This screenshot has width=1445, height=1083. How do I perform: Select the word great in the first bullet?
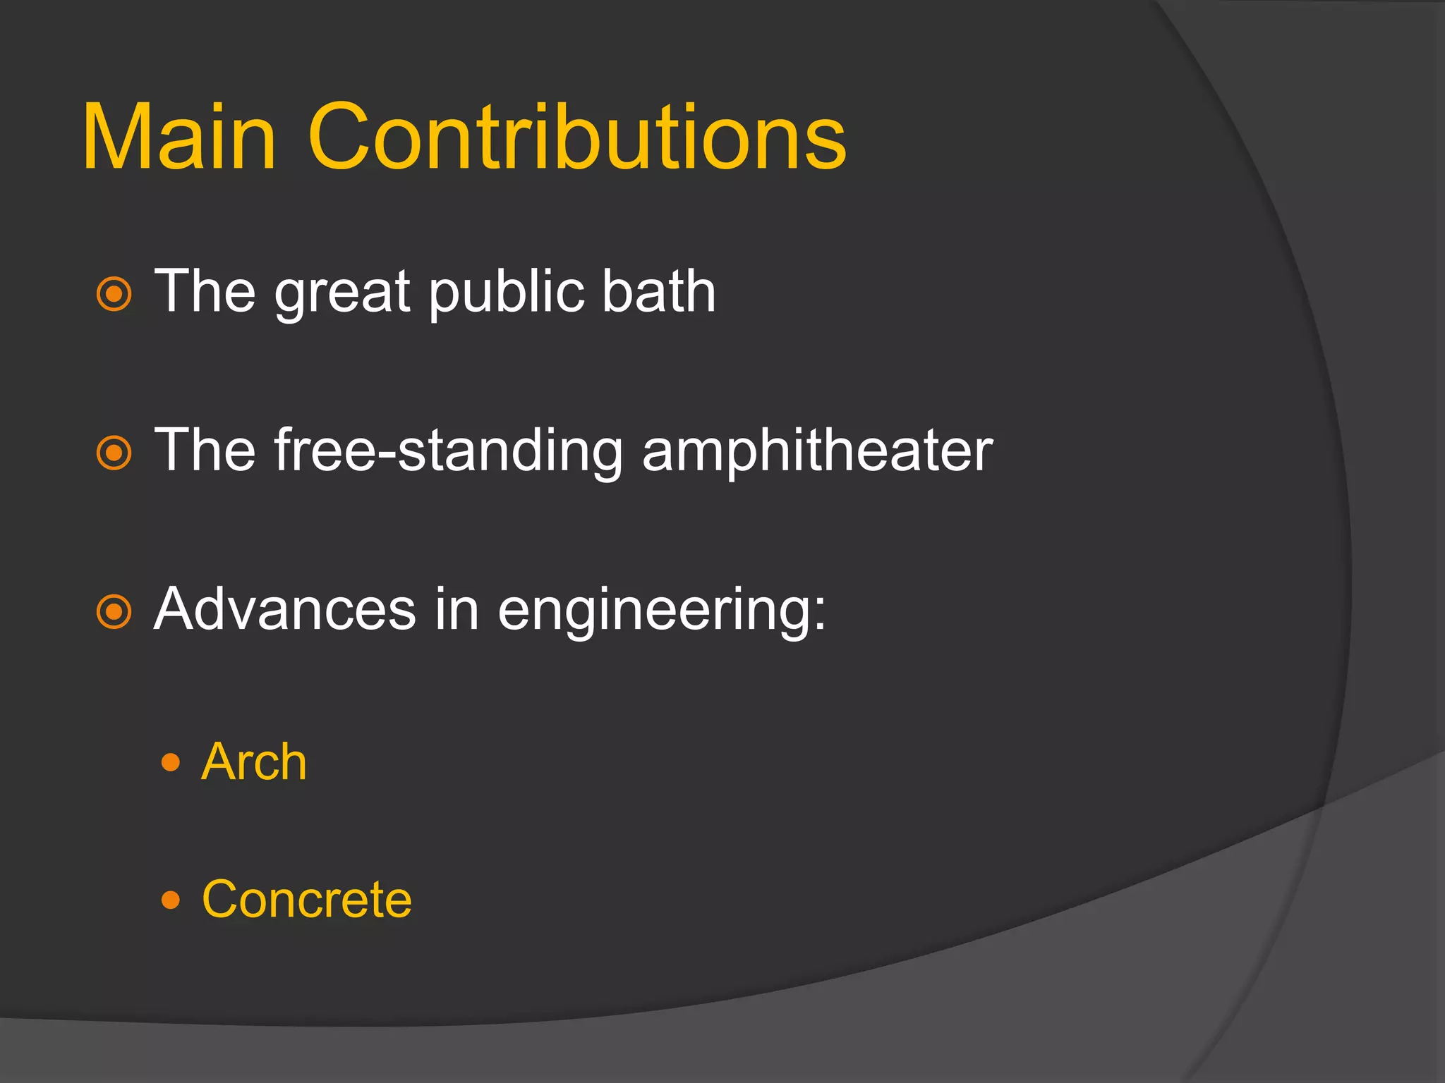[342, 293]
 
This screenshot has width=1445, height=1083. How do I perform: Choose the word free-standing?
[448, 451]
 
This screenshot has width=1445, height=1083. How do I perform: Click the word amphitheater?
[817, 451]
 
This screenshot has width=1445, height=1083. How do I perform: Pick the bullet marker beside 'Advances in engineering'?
[114, 611]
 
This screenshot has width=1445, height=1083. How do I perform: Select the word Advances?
[285, 609]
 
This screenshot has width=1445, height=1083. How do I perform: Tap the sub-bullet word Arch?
[254, 762]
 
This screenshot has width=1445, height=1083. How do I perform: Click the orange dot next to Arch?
[171, 762]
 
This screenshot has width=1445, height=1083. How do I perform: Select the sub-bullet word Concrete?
[307, 900]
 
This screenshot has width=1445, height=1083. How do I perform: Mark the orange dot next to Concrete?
[171, 900]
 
